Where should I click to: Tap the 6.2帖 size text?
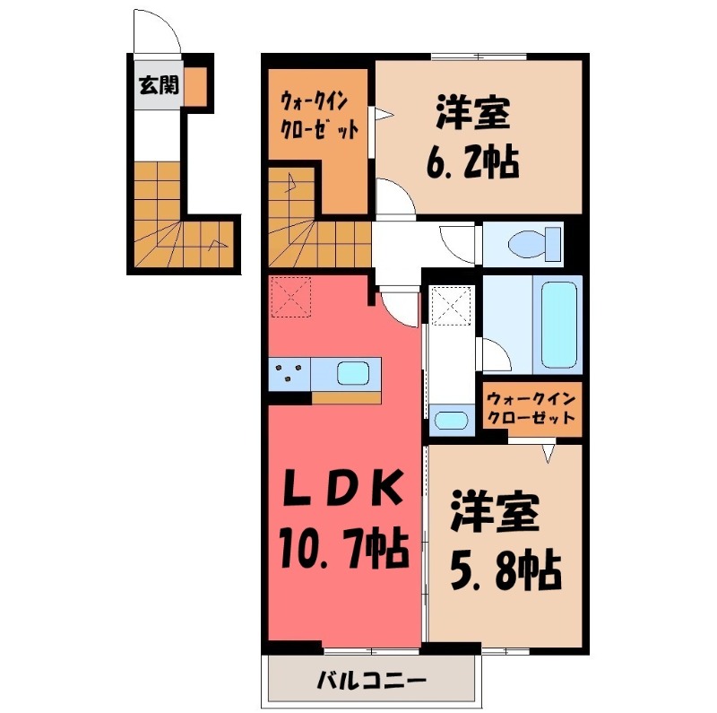(471, 163)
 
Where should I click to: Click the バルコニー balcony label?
(370, 682)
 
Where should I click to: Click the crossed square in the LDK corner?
(291, 297)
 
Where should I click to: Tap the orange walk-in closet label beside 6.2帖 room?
(320, 115)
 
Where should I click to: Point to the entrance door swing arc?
(158, 33)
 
